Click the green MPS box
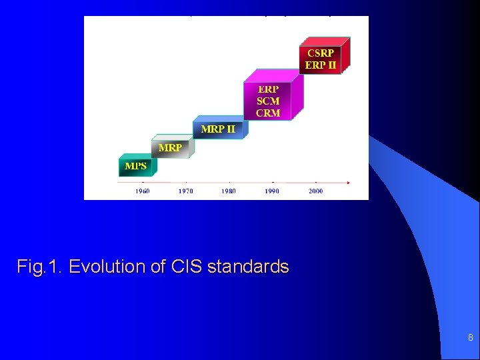pos(135,165)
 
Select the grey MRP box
pos(171,147)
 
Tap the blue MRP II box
pos(218,129)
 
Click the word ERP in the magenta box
pos(268,89)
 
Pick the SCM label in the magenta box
pos(268,101)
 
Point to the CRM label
pos(268,113)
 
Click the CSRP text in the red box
pos(321,53)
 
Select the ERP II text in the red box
pos(321,65)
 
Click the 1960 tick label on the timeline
pos(143,191)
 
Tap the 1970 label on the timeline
pos(186,191)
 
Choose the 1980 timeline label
pos(229,191)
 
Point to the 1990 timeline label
pos(272,191)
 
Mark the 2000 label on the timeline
pos(315,191)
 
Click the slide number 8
pos(470,338)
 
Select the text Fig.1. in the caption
pos(40,267)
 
